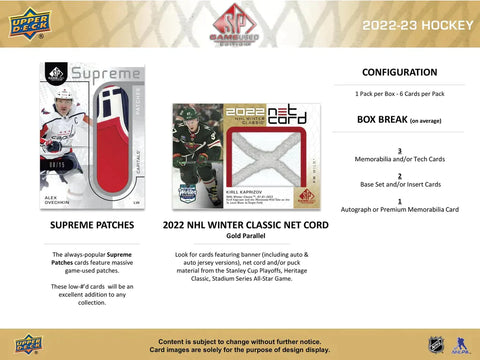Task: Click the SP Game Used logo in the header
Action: click(x=239, y=22)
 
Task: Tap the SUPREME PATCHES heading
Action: click(x=92, y=228)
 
